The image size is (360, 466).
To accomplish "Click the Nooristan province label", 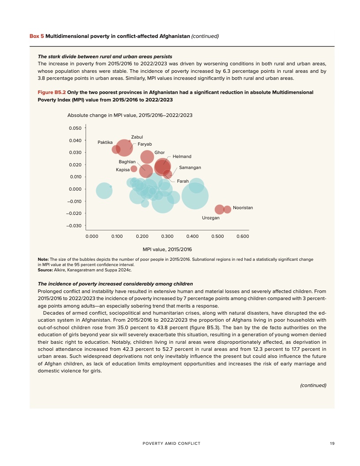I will click(x=243, y=207).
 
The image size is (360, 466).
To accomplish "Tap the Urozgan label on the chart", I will click(x=210, y=218).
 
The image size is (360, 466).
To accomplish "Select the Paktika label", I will click(x=105, y=142).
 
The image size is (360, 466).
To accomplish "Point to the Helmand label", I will click(x=182, y=157).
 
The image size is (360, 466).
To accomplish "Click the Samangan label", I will click(x=190, y=168).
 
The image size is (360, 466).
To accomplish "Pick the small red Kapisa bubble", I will click(x=134, y=169).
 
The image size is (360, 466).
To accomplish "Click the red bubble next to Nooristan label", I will click(x=227, y=209).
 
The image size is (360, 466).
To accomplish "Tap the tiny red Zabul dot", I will click(x=129, y=141).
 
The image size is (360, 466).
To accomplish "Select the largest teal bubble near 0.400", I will click(x=195, y=196).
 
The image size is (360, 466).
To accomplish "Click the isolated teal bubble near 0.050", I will click(x=104, y=191).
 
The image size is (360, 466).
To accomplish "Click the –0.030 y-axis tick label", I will click(x=73, y=226).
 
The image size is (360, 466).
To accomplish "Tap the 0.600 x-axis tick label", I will click(x=243, y=237).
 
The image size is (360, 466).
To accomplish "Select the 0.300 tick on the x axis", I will click(x=167, y=237).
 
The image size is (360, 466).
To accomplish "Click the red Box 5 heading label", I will click(x=37, y=36).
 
